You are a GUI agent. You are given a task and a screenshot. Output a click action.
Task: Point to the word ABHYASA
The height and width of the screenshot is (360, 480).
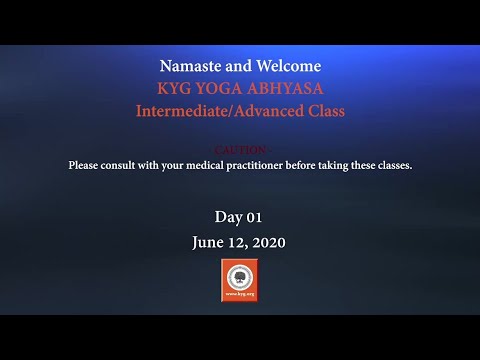tap(290, 89)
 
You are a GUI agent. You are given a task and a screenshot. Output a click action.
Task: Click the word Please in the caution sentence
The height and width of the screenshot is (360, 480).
tap(84, 164)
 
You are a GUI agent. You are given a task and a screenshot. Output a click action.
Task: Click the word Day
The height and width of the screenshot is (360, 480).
tap(228, 217)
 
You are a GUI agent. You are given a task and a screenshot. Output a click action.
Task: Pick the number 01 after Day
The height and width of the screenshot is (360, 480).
tap(254, 217)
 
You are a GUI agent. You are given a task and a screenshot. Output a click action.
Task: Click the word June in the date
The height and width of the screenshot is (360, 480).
tap(209, 242)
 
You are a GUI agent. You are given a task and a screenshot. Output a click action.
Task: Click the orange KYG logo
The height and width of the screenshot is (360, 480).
tap(240, 280)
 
